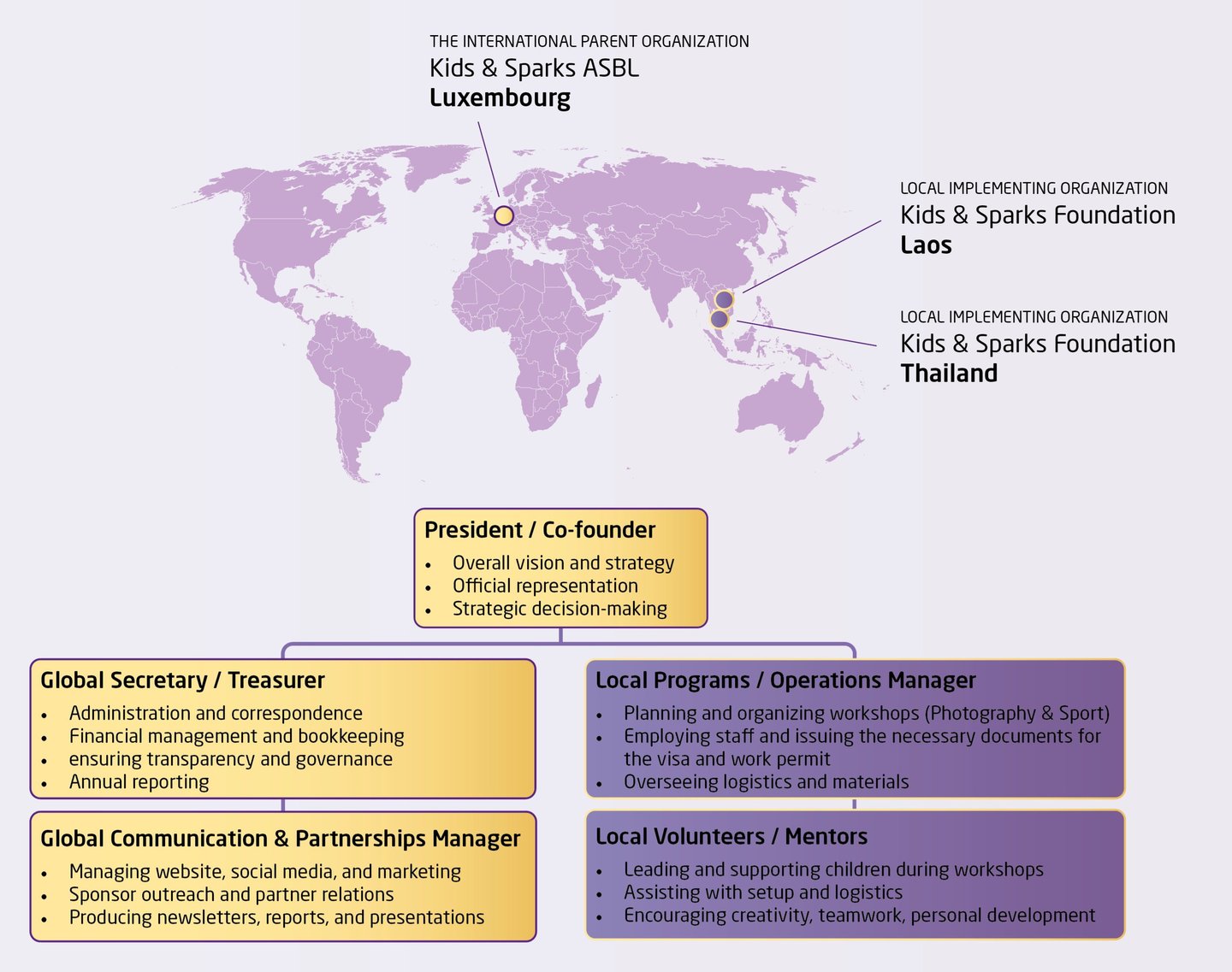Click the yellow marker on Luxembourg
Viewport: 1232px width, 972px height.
pyautogui.click(x=504, y=215)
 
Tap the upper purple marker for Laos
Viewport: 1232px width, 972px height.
pyautogui.click(x=724, y=299)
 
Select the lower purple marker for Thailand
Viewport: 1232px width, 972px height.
pyautogui.click(x=720, y=319)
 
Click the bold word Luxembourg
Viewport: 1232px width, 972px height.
pyautogui.click(x=500, y=97)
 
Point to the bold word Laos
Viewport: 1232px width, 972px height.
pyautogui.click(x=926, y=245)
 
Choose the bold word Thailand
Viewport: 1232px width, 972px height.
pyautogui.click(x=949, y=374)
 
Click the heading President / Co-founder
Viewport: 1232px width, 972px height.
pyautogui.click(x=540, y=530)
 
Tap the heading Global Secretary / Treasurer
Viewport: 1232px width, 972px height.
pyautogui.click(x=182, y=680)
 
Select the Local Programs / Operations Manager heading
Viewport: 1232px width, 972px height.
pyautogui.click(x=785, y=680)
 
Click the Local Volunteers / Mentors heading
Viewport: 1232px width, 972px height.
pyautogui.click(x=731, y=837)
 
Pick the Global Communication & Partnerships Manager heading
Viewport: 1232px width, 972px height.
pyautogui.click(x=280, y=839)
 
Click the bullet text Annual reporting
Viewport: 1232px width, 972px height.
pyautogui.click(x=139, y=782)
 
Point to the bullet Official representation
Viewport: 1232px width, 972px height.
pyautogui.click(x=545, y=586)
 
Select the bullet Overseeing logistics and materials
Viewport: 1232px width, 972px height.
pyautogui.click(x=766, y=782)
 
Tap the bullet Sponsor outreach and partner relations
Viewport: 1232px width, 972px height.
pyautogui.click(x=231, y=895)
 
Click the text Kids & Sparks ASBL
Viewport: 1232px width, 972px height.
pyautogui.click(x=534, y=68)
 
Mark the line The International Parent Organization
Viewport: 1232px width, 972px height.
pyautogui.click(x=589, y=41)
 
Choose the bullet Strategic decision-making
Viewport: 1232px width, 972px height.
pyautogui.click(x=560, y=609)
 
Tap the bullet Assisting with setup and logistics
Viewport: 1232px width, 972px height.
pyautogui.click(x=762, y=892)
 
